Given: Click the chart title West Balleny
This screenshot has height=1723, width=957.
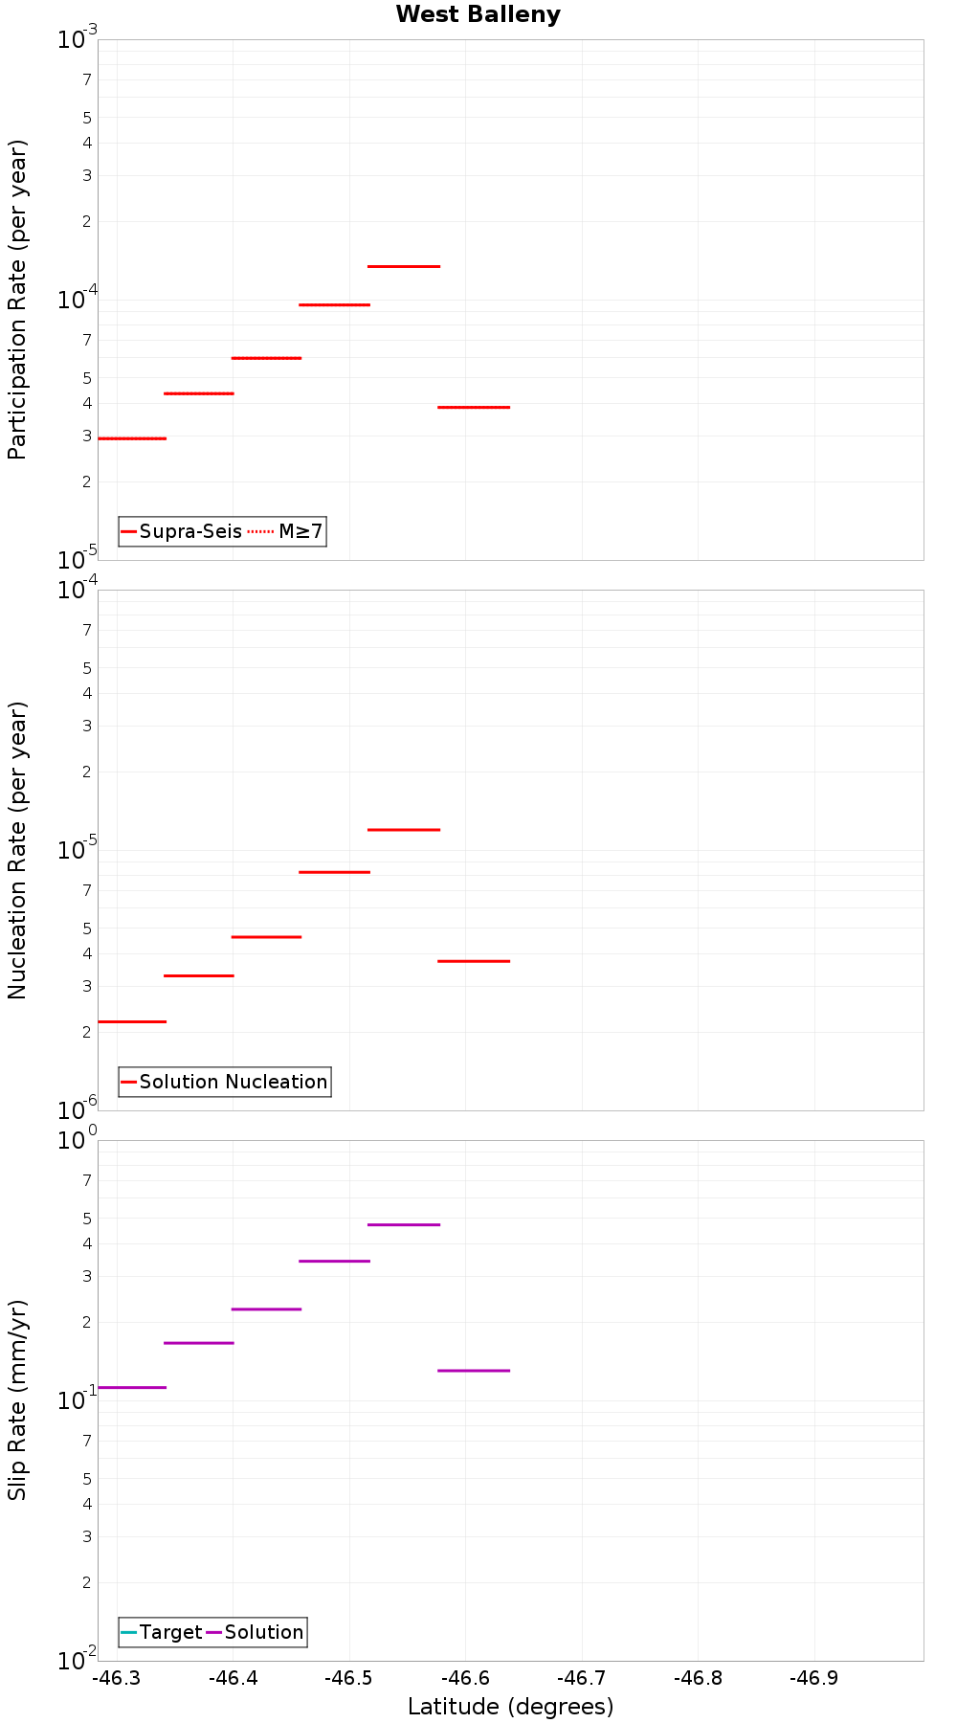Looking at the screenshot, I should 478,14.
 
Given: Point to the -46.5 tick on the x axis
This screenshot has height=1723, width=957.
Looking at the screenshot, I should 349,1678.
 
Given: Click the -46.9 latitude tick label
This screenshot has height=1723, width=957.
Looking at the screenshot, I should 814,1678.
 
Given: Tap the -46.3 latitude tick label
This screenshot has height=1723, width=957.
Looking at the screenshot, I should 117,1678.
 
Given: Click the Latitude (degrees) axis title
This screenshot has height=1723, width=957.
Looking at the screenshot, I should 510,1707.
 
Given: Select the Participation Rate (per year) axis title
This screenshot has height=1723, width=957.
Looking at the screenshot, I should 17,300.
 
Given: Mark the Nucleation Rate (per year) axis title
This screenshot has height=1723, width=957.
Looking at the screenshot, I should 17,850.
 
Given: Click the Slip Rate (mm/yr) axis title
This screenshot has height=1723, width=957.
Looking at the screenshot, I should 17,1399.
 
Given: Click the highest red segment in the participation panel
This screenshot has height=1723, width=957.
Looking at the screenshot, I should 403,266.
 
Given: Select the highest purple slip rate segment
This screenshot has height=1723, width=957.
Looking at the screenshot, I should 403,1224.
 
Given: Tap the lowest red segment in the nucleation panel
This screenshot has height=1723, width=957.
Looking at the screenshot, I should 132,1021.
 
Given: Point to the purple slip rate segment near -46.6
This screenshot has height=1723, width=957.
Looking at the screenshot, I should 473,1371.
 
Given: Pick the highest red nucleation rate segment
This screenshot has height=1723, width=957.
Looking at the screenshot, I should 403,830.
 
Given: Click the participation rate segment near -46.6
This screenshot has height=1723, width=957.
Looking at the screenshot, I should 473,407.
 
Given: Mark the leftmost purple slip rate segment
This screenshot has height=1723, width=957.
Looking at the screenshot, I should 132,1387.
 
